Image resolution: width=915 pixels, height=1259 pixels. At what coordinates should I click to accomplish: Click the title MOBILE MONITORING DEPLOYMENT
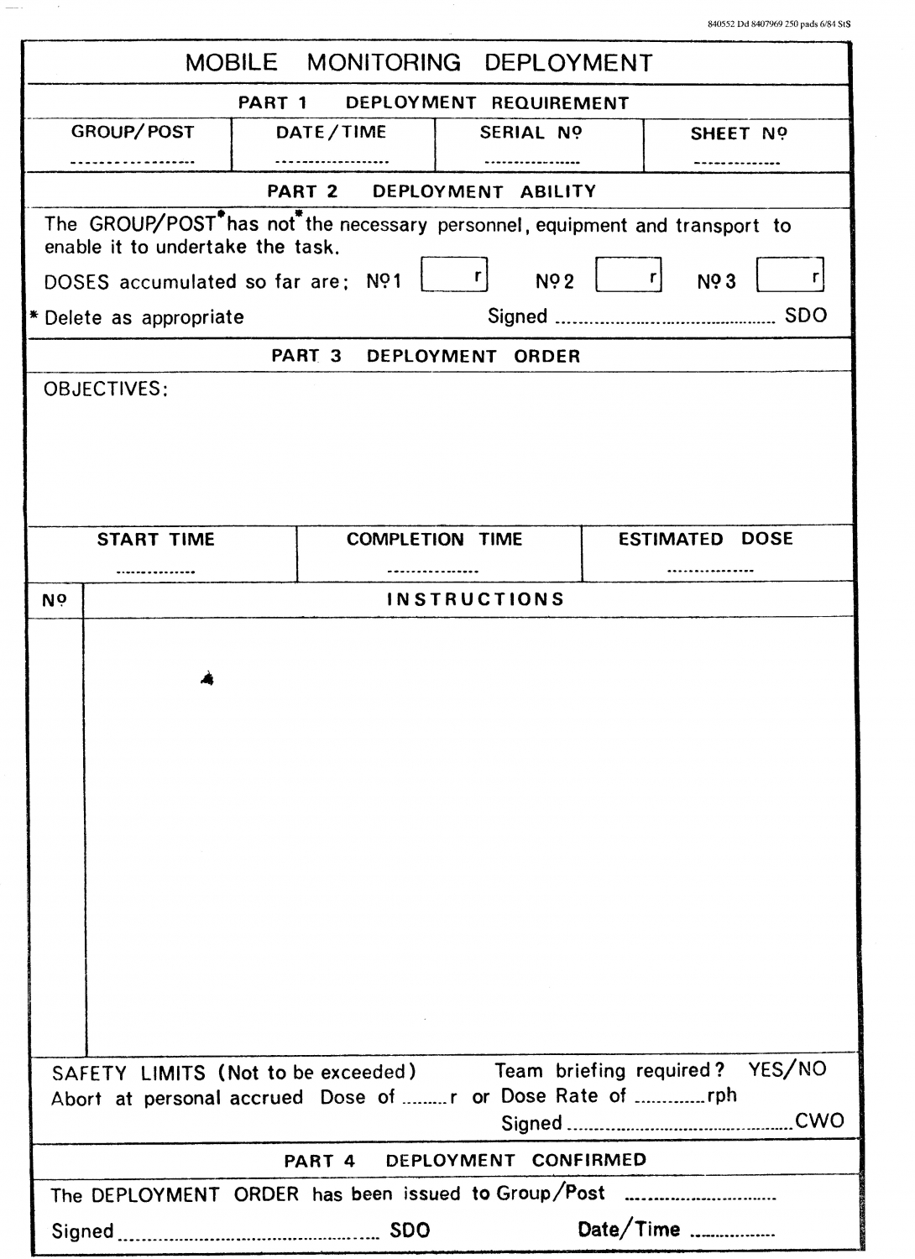(x=419, y=63)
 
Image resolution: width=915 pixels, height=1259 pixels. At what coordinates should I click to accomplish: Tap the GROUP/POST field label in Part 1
(x=133, y=133)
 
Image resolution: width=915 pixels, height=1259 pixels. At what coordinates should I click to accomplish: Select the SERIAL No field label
(x=531, y=133)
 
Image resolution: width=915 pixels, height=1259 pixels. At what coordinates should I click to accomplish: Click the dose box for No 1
(x=453, y=275)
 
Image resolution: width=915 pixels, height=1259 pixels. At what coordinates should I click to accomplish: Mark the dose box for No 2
(x=628, y=275)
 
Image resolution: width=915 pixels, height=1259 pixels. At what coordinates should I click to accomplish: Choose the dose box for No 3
(x=789, y=275)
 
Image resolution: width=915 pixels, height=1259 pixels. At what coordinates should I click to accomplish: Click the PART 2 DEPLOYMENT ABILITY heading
(x=431, y=191)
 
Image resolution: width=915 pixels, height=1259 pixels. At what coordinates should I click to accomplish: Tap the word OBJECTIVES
(x=106, y=389)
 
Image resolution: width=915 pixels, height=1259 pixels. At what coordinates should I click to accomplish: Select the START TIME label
(x=156, y=540)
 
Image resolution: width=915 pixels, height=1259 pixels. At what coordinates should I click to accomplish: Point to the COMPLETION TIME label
(x=434, y=540)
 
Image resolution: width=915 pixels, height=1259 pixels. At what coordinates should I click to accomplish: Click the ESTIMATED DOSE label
(x=705, y=539)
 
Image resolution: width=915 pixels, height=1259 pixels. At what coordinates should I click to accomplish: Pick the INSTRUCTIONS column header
(x=475, y=599)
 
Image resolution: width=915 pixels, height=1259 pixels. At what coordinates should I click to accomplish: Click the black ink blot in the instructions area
(x=207, y=678)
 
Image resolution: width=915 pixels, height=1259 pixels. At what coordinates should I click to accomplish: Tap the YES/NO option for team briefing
(x=787, y=1069)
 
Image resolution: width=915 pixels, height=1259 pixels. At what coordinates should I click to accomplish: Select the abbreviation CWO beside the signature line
(x=819, y=1121)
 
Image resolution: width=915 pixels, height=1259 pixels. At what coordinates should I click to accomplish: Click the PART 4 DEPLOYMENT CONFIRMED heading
(x=465, y=1161)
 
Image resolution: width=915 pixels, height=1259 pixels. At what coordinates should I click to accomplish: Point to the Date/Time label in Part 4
(x=628, y=1230)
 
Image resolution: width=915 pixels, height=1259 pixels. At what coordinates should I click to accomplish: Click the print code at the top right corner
(x=779, y=24)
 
